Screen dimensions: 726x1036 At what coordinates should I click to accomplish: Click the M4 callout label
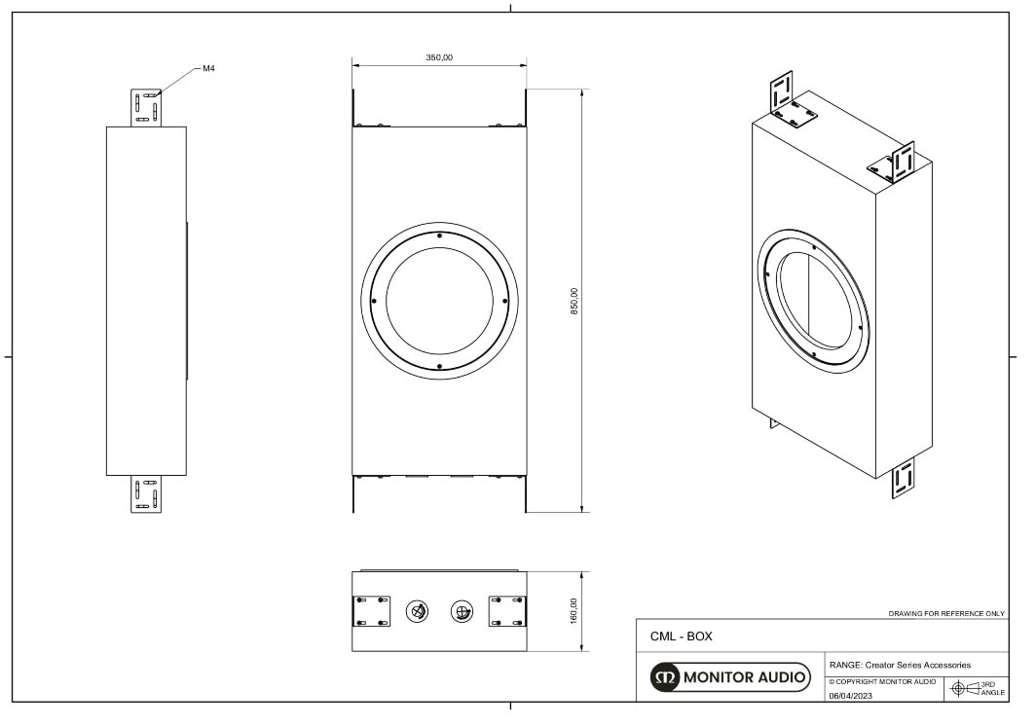(208, 69)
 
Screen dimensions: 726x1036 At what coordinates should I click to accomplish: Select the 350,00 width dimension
(439, 57)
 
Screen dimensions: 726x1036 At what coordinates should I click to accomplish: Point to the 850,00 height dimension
(574, 301)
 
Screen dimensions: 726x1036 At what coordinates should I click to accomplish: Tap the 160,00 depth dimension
(573, 610)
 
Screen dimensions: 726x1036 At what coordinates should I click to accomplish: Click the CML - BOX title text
(681, 636)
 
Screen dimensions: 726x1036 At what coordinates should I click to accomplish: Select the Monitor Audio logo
(730, 676)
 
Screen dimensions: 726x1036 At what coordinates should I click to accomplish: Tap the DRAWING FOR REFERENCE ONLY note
(946, 614)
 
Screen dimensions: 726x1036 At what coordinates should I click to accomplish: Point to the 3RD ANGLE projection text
(992, 688)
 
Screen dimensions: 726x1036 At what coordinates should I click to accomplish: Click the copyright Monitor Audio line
(882, 681)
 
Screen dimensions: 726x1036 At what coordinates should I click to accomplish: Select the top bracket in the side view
(146, 107)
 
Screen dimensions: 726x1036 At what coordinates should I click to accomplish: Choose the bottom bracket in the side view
(147, 493)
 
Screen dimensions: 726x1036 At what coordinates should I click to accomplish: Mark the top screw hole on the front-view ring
(439, 236)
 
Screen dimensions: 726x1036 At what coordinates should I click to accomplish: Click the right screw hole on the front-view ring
(504, 301)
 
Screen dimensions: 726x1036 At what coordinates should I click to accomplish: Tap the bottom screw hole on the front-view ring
(439, 366)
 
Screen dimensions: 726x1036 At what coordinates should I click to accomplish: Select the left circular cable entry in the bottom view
(418, 611)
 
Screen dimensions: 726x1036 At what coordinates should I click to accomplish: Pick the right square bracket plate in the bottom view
(506, 611)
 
